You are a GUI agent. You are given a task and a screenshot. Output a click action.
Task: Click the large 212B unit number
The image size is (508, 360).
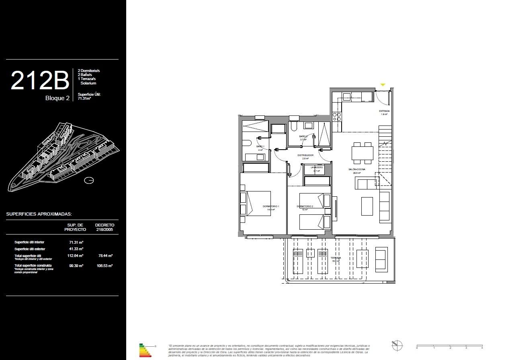point(40,80)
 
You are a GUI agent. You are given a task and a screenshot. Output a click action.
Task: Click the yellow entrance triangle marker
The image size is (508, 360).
point(383,85)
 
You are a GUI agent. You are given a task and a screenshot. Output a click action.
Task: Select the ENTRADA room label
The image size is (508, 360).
point(384,111)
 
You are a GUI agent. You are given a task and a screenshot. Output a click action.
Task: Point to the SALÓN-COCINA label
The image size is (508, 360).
point(356,170)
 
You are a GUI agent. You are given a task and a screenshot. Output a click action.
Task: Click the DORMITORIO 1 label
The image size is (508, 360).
point(271,206)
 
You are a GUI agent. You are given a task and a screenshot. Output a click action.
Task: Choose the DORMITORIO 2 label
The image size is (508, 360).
point(305,206)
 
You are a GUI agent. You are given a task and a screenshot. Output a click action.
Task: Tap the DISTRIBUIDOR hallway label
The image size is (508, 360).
point(305,155)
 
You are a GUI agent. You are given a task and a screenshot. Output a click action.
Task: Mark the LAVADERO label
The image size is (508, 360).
point(317,167)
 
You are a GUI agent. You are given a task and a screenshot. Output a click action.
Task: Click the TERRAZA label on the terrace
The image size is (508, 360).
point(336,258)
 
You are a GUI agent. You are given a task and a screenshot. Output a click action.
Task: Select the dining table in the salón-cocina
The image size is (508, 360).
point(362,153)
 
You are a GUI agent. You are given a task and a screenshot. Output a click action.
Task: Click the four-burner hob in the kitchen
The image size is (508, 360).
point(337,117)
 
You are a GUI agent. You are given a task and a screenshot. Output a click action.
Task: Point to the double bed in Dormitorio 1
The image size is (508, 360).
point(257,204)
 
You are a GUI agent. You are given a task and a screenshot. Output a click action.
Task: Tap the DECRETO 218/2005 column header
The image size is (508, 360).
point(104,227)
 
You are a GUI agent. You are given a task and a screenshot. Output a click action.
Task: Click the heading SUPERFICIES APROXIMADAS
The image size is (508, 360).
point(39,214)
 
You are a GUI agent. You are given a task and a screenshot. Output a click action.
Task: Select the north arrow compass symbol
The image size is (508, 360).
point(397,345)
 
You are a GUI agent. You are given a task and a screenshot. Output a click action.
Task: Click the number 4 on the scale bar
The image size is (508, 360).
point(482,348)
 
